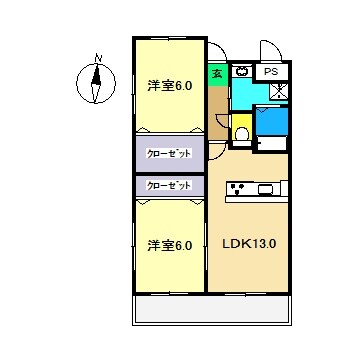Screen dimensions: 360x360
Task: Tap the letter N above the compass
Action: coord(97,57)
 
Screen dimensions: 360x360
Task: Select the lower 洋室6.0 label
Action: coord(171,244)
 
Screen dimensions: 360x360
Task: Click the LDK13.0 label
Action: coord(249,243)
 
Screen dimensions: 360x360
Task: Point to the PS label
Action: coord(271,73)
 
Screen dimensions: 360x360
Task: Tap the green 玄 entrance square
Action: coord(217,74)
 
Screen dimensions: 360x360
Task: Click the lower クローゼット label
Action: coord(169,185)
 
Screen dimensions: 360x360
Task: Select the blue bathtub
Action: coord(272,123)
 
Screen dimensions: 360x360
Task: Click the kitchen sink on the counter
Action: coord(267,189)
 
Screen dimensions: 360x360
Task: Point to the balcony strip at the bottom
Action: coord(213,311)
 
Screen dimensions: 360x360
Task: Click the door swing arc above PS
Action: coord(272,51)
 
